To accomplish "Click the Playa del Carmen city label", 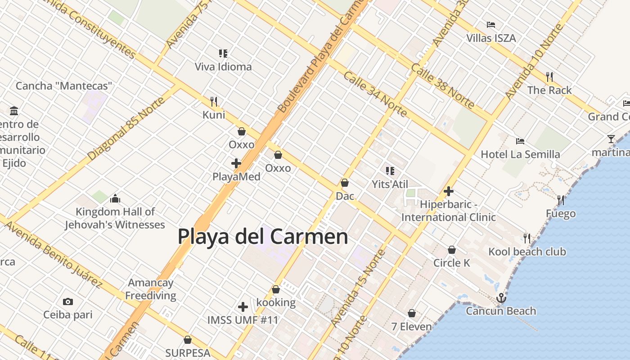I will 263,236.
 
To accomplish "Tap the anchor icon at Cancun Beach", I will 501,298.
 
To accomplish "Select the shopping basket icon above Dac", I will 345,183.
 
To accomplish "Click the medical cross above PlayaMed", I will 236,163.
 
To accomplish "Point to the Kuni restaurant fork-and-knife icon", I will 214,101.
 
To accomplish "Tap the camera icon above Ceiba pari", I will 68,301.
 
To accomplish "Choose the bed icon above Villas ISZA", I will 491,25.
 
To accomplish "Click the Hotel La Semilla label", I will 520,154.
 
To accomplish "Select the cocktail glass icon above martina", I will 611,139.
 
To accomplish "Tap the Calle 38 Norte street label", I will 443,86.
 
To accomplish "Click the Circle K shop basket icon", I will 452,250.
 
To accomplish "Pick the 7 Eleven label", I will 411,326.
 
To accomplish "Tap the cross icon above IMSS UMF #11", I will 243,307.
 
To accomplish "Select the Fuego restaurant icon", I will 561,200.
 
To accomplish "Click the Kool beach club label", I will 527,252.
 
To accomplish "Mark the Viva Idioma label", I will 223,67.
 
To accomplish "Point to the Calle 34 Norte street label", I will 375,94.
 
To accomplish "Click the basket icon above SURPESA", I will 188,340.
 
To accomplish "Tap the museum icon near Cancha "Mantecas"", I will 14,111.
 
